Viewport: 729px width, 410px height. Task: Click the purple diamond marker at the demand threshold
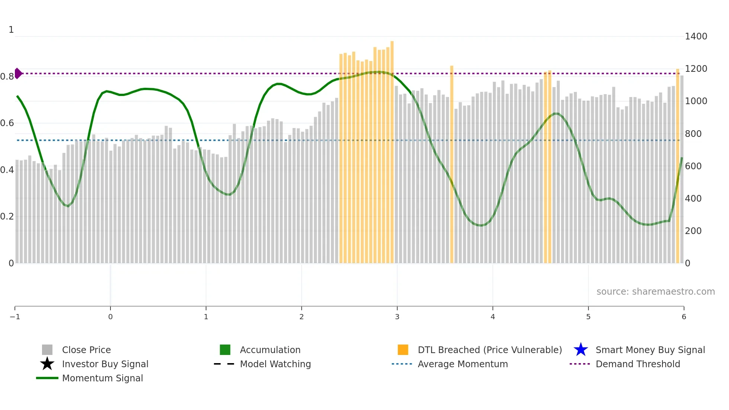click(x=18, y=73)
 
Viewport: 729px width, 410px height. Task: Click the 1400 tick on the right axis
click(x=696, y=36)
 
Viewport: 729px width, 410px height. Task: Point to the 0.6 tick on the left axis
click(x=7, y=123)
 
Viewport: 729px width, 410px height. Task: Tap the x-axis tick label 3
click(x=397, y=317)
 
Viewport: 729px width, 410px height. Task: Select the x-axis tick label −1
click(x=15, y=317)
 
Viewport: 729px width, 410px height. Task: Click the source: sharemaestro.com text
click(x=655, y=292)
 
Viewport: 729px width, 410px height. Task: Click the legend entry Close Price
click(x=86, y=350)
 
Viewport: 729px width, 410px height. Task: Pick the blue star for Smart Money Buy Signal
click(x=581, y=350)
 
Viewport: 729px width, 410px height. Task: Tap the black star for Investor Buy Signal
click(x=47, y=364)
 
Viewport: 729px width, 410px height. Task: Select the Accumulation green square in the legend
click(x=225, y=350)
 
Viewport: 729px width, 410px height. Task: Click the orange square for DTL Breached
click(x=403, y=350)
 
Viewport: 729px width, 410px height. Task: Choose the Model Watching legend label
click(x=275, y=364)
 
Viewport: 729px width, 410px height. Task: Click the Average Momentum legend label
click(x=463, y=364)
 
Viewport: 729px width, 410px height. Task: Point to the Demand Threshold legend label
click(x=638, y=364)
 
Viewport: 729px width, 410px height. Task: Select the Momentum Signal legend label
click(x=102, y=378)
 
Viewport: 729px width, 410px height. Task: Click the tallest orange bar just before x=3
click(x=392, y=149)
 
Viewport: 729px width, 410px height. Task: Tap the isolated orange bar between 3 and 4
click(x=452, y=164)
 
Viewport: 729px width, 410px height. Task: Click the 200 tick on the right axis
click(x=693, y=231)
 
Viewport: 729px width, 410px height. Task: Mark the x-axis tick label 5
click(x=588, y=317)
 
